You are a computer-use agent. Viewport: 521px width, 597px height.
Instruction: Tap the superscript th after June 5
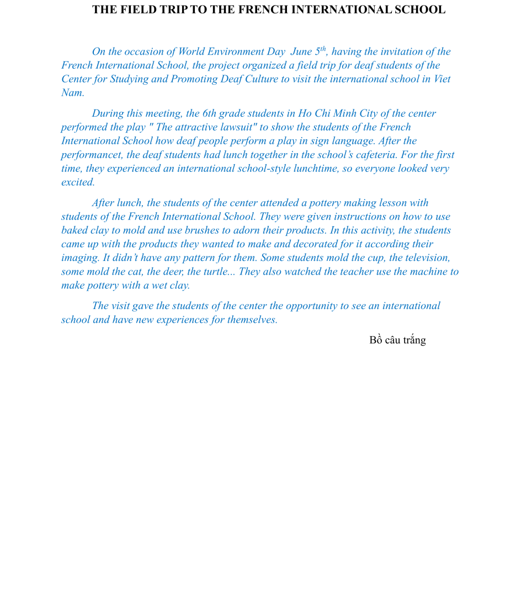(323, 49)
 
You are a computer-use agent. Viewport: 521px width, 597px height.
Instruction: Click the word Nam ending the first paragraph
(72, 93)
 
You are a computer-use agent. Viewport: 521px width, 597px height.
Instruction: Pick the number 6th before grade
(209, 114)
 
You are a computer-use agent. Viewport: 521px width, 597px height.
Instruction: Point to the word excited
(78, 182)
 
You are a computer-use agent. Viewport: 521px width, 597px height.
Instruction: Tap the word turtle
(216, 272)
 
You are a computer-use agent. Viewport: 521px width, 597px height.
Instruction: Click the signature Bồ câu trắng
(397, 341)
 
